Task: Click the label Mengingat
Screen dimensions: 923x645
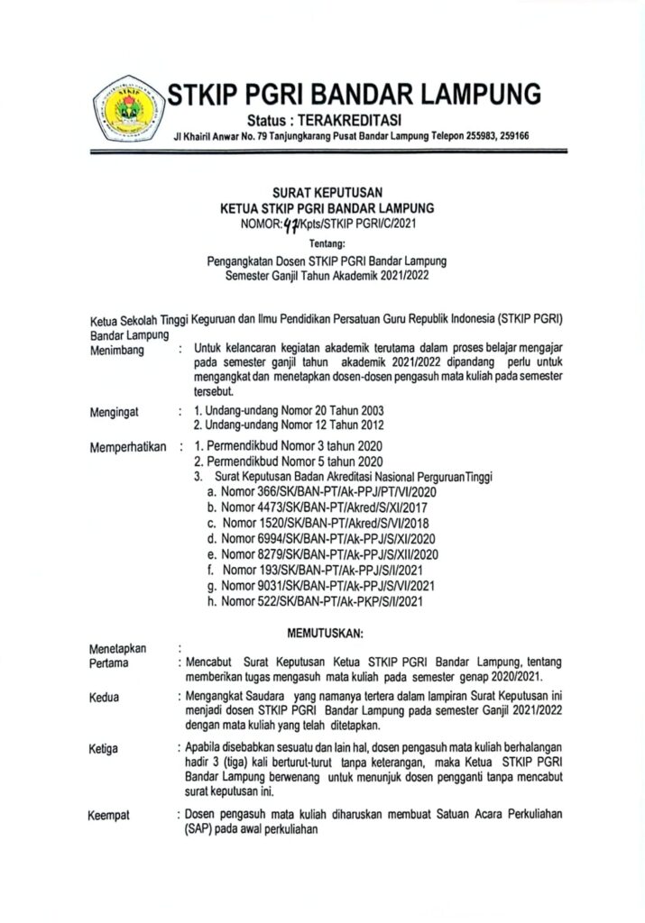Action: pos(115,412)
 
